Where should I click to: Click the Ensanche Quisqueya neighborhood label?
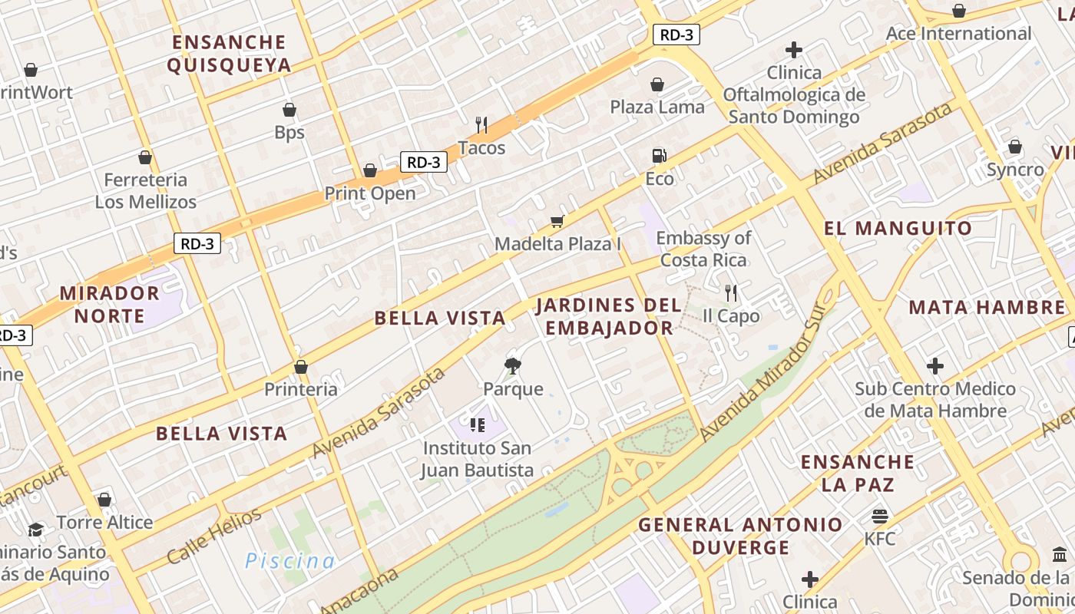pos(229,54)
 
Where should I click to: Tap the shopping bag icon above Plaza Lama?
pos(657,84)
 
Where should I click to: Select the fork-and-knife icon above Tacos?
pos(481,124)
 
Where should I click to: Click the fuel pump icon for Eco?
pos(659,156)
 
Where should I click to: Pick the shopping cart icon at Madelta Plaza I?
pos(557,222)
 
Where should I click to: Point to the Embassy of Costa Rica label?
pos(703,249)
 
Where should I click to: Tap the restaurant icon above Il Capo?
pos(731,292)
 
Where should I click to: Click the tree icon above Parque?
pos(513,365)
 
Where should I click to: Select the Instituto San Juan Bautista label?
pos(477,458)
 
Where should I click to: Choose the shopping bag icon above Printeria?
pos(301,367)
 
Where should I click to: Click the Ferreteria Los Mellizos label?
pos(146,191)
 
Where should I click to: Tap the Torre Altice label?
pos(104,523)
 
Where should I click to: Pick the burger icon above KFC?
pos(880,516)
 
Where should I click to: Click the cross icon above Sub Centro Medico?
pos(935,366)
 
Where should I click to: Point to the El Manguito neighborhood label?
pos(898,228)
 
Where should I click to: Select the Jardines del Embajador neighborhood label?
pos(608,316)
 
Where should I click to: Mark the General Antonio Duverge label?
pos(740,536)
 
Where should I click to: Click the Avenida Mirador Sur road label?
pos(766,371)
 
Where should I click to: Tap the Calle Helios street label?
pos(214,536)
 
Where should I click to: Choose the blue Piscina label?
pos(290,561)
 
